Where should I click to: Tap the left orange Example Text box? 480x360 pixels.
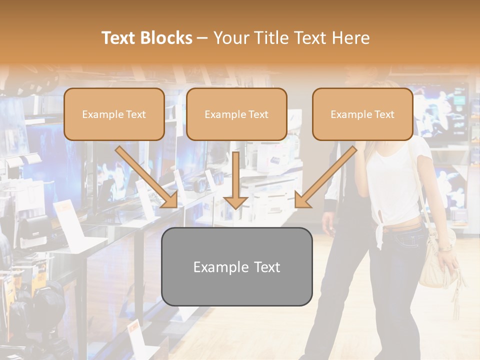click(x=114, y=114)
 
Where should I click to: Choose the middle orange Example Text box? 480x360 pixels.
click(x=236, y=114)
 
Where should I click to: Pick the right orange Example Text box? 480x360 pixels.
click(x=362, y=114)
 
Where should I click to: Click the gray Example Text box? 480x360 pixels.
click(x=237, y=266)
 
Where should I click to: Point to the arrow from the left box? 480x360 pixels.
click(x=147, y=177)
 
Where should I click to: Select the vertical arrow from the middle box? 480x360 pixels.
click(x=235, y=180)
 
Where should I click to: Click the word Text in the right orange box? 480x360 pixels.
click(x=384, y=114)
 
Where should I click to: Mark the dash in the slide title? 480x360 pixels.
click(x=202, y=38)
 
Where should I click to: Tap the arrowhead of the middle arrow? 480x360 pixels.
click(x=235, y=202)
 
